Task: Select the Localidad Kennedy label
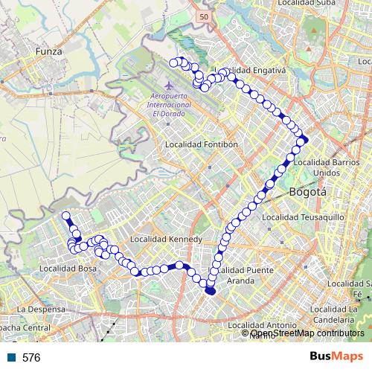coord(165,240)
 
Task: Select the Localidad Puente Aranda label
coord(243,275)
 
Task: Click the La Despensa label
coord(42,308)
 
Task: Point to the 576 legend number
coord(31,358)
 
